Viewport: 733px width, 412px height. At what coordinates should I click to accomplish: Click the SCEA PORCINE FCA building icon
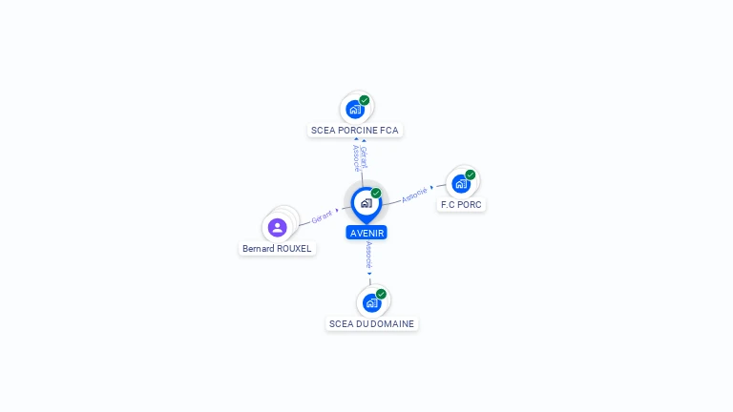355,109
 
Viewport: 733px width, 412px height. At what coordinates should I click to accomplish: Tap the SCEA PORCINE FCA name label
355,130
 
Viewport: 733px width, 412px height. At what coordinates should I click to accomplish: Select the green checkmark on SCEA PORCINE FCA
365,100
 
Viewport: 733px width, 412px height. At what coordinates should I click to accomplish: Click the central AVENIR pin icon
366,203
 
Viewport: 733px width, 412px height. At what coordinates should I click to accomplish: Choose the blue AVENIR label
366,233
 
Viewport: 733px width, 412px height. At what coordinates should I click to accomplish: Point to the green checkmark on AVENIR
376,194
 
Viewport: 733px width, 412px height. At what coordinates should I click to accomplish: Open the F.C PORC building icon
461,183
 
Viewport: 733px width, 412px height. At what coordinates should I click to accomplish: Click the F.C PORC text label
462,204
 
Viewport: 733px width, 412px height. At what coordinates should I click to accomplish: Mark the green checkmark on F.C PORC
471,175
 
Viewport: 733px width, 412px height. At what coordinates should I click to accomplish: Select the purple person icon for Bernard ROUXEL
277,227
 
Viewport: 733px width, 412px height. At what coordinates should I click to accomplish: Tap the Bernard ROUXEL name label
277,249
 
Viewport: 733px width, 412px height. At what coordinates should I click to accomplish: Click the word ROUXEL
294,249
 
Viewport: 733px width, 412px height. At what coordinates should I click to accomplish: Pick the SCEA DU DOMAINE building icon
371,302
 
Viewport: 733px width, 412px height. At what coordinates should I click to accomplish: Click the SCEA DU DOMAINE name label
371,323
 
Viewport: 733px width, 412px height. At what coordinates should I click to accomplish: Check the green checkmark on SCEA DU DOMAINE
381,294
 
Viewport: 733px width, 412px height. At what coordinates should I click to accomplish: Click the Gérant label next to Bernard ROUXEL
322,217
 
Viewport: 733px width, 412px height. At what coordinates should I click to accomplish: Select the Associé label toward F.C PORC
414,195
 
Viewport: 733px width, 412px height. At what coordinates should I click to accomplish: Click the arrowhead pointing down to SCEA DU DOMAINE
369,273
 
